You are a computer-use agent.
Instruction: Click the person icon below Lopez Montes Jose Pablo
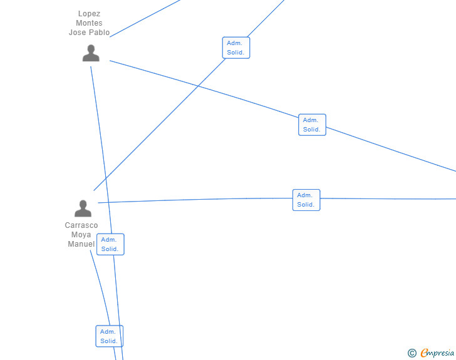click(x=91, y=53)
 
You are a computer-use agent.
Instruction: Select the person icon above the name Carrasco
click(x=83, y=208)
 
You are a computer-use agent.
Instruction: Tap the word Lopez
click(x=89, y=14)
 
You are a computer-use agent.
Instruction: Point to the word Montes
click(x=89, y=23)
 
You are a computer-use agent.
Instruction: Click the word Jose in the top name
click(x=78, y=33)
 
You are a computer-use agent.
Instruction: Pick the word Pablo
click(x=100, y=33)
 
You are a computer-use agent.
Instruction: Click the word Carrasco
click(x=81, y=225)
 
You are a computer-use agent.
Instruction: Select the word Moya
click(x=81, y=235)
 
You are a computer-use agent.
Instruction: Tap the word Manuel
click(x=81, y=244)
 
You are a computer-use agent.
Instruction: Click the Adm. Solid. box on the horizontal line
click(x=306, y=200)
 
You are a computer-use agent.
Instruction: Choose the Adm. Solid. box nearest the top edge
click(x=236, y=48)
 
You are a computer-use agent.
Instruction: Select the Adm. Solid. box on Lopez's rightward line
click(x=312, y=125)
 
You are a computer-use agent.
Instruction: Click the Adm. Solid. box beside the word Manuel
click(x=110, y=244)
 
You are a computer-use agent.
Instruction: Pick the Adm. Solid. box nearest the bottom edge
click(x=109, y=336)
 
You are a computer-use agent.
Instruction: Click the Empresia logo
click(x=437, y=353)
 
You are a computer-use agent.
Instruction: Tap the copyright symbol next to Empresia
click(x=412, y=353)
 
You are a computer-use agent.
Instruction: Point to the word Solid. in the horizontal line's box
click(x=306, y=205)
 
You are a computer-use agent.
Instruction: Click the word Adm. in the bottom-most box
click(x=108, y=332)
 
